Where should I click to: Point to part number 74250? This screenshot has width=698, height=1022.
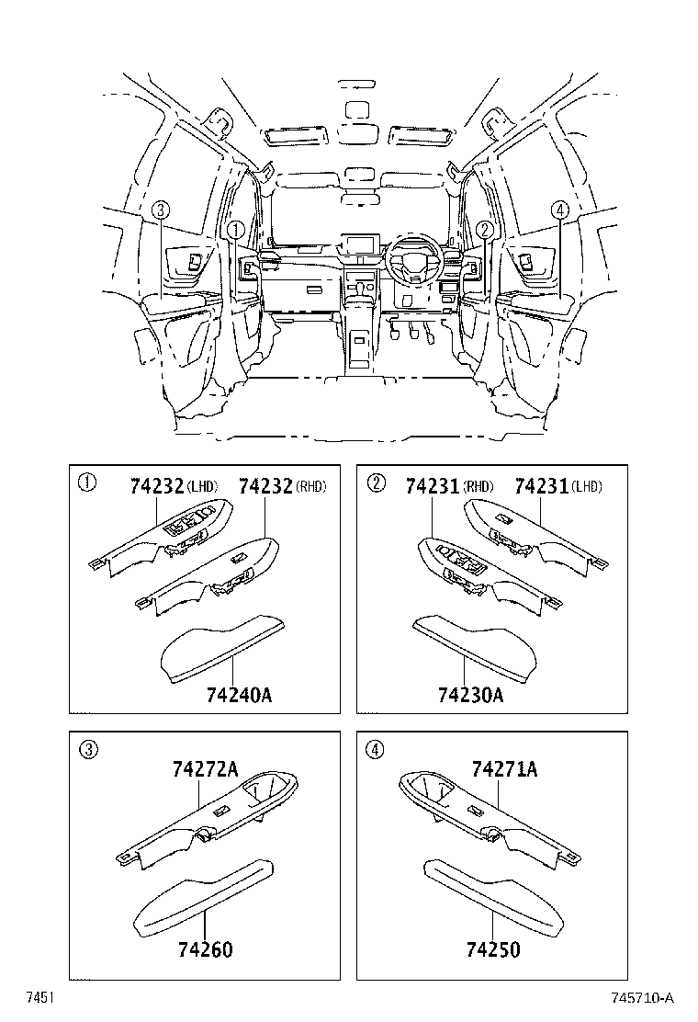[x=493, y=949]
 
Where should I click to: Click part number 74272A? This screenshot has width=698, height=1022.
[x=204, y=769]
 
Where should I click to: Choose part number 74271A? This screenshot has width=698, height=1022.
[x=504, y=769]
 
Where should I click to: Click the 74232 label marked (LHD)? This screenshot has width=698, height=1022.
[x=157, y=486]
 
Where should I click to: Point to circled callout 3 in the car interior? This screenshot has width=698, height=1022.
[x=160, y=210]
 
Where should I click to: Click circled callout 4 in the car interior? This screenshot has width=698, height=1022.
[x=558, y=210]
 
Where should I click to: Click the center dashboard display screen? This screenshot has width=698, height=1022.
[x=357, y=244]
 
